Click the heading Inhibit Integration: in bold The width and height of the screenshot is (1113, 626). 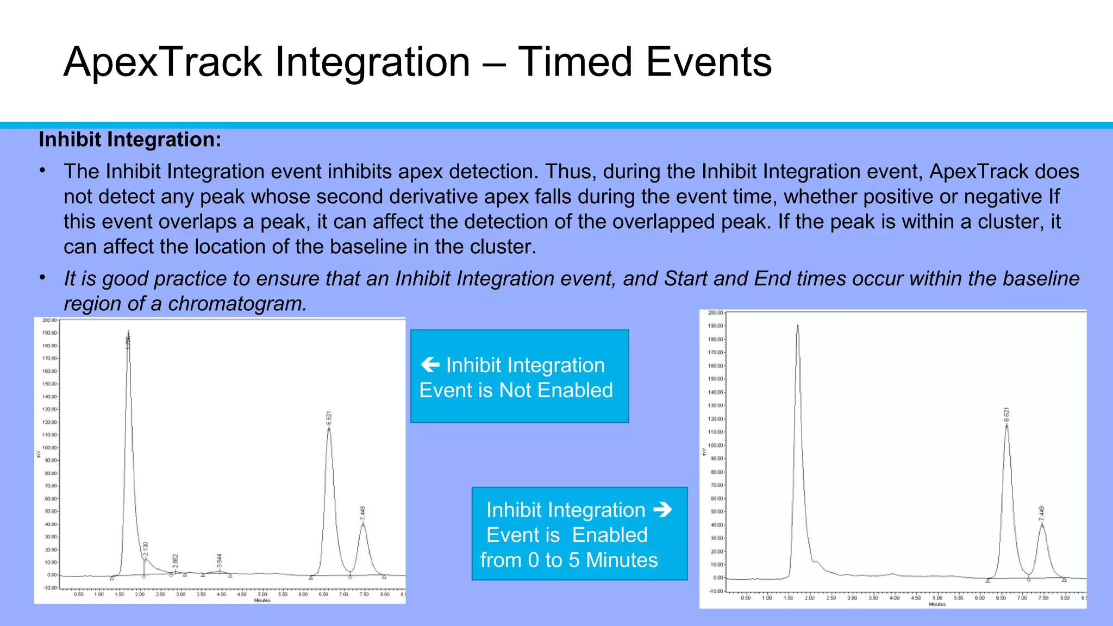130,140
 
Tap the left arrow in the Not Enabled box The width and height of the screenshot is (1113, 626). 430,365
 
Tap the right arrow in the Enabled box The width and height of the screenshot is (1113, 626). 662,510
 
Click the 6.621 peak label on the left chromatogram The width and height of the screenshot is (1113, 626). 329,418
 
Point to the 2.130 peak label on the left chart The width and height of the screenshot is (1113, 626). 145,549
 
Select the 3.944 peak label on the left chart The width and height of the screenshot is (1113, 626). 220,561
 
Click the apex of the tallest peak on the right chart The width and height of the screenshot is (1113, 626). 797,326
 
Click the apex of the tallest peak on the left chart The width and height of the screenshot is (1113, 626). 128,331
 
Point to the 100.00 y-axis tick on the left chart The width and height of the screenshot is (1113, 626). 49,448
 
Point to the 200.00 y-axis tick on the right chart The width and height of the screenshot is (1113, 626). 715,313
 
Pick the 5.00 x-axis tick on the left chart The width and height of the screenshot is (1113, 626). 262,594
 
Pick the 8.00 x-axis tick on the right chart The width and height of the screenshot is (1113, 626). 1065,598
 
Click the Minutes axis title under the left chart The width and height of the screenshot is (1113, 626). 262,600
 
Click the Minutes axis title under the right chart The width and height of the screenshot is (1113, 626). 937,604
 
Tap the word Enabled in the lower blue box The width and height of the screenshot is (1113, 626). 610,535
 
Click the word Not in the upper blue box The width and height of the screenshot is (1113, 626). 515,390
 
